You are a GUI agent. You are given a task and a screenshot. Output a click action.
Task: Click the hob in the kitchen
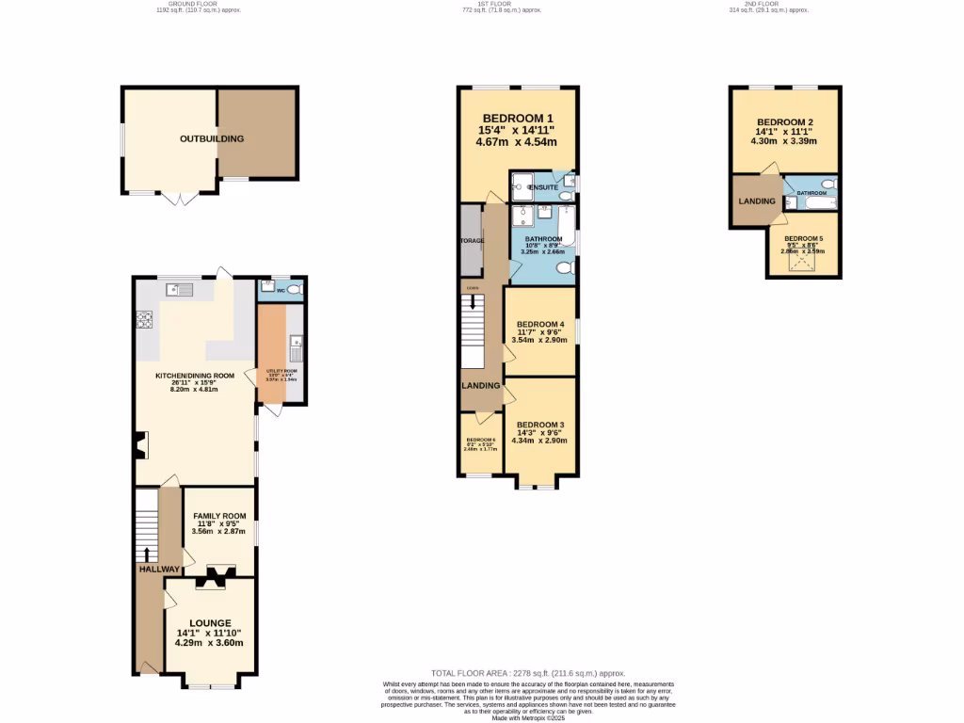(146, 320)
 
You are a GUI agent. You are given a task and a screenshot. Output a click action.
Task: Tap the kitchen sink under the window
(178, 289)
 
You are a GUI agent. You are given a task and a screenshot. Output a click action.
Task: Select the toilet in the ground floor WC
(295, 289)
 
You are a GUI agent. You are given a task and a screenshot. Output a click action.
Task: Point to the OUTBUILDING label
(212, 139)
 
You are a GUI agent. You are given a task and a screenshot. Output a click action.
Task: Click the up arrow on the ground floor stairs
(146, 554)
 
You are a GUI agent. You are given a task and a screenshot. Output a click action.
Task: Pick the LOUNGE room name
(209, 623)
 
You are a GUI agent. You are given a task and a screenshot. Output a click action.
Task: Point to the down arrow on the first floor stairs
(473, 303)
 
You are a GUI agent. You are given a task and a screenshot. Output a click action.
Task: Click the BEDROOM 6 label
(480, 441)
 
